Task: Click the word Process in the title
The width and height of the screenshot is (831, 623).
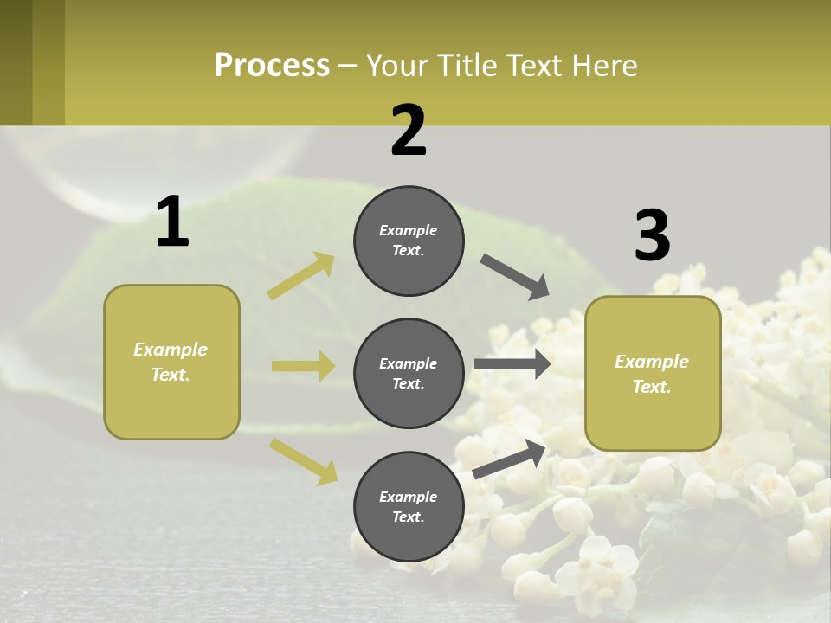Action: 272,66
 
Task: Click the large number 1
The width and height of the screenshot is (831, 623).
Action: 172,222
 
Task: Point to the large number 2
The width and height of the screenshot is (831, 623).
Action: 409,131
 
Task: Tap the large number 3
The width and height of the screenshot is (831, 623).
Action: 652,236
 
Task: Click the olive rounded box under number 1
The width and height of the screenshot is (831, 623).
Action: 171,362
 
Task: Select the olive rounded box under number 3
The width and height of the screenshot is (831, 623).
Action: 653,374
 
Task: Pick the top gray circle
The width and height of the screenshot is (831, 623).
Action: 409,241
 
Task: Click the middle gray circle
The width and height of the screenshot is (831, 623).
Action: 409,373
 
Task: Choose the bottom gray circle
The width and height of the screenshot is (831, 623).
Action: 409,506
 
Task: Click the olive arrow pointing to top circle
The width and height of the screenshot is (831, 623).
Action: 301,276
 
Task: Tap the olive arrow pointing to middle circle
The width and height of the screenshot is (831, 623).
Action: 303,366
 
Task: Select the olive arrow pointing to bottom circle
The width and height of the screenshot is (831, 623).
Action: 303,460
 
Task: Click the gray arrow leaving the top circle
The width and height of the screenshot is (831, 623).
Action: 515,277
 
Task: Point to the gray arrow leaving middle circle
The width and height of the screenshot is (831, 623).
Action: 512,364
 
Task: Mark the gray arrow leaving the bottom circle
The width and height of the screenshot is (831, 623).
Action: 510,459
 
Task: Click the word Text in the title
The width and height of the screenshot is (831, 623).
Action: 535,66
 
